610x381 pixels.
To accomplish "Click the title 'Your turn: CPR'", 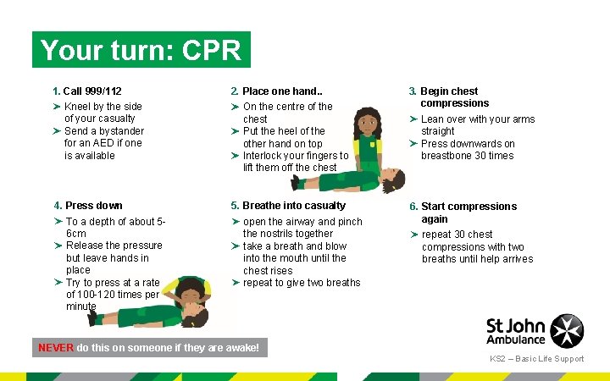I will pyautogui.click(x=141, y=50).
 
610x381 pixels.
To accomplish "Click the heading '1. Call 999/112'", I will pyautogui.click(x=86, y=91).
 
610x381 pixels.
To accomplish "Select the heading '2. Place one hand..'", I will pyautogui.click(x=276, y=91).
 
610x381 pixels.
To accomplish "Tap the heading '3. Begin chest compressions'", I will pyautogui.click(x=449, y=97).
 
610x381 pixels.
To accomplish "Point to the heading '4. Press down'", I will pyautogui.click(x=88, y=206).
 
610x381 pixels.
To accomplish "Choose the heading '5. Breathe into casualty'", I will pyautogui.click(x=288, y=206).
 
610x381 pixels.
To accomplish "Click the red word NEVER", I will pyautogui.click(x=56, y=347).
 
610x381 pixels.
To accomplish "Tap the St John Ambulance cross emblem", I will pyautogui.click(x=567, y=331).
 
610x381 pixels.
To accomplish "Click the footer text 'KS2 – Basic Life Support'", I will pyautogui.click(x=536, y=359).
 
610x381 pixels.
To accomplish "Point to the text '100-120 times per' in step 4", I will pyautogui.click(x=112, y=295).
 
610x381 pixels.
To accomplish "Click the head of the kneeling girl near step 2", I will pyautogui.click(x=367, y=123).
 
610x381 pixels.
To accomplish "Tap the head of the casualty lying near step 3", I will pyautogui.click(x=393, y=179).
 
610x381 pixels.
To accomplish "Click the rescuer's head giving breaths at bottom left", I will pyautogui.click(x=192, y=292).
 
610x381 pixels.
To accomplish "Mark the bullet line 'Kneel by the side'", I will pyautogui.click(x=103, y=107).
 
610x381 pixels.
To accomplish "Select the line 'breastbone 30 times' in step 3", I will pyautogui.click(x=467, y=156).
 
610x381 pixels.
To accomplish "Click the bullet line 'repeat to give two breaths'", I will pyautogui.click(x=302, y=283).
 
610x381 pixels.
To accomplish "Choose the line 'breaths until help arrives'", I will pyautogui.click(x=477, y=259).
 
